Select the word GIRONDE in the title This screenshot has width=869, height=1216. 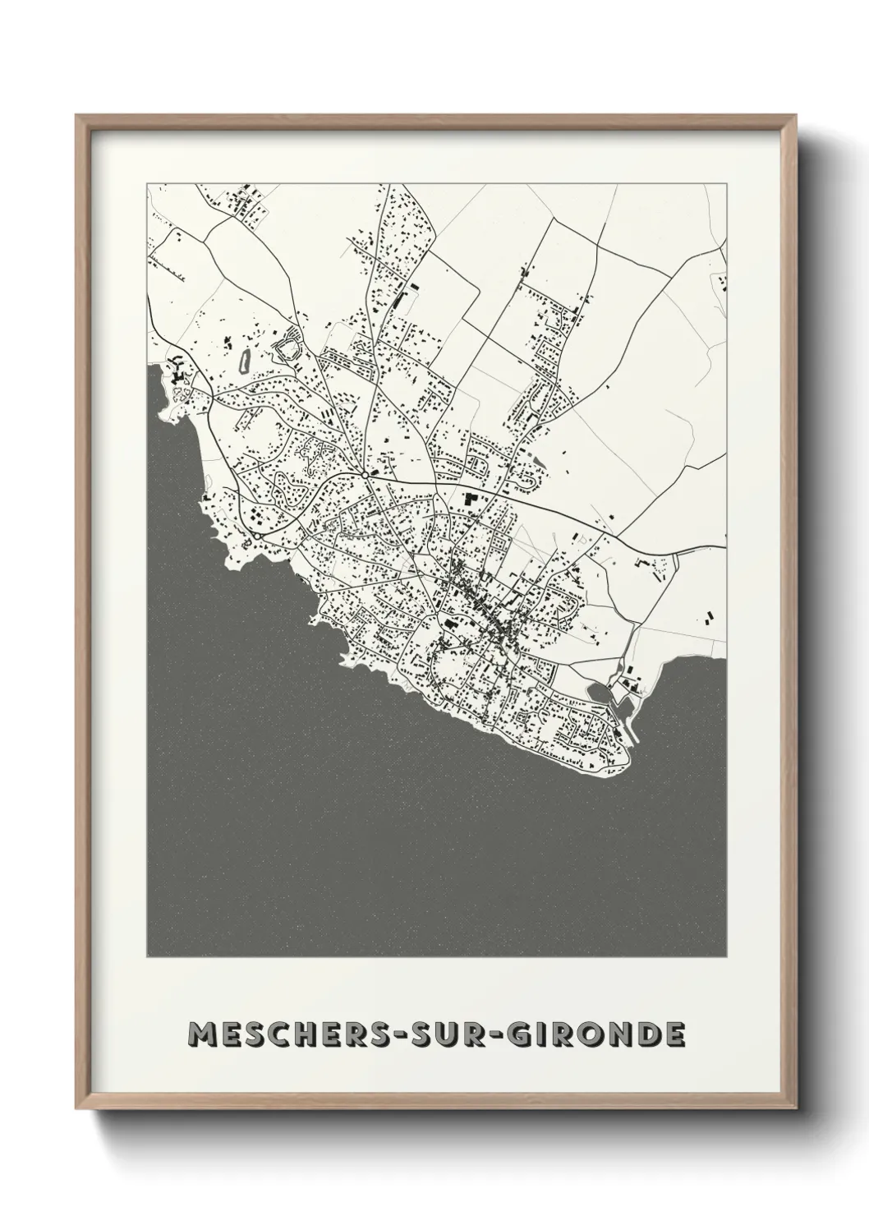click(589, 1034)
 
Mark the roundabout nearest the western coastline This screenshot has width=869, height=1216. click(258, 536)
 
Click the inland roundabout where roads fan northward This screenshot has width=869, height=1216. click(364, 475)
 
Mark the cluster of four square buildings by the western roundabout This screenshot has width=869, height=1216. click(258, 518)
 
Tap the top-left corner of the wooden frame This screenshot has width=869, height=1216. click(77, 115)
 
